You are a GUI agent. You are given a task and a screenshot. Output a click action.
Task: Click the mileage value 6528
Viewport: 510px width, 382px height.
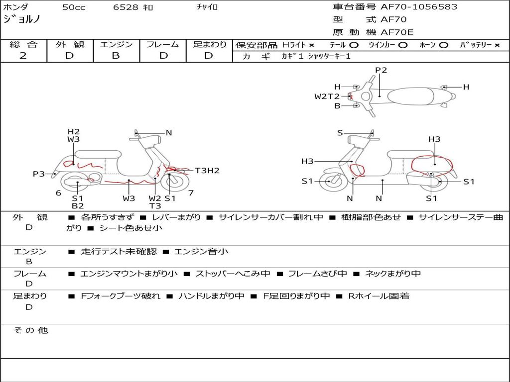pos(127,7)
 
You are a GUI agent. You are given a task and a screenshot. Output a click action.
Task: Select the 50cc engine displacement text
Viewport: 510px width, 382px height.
pos(73,7)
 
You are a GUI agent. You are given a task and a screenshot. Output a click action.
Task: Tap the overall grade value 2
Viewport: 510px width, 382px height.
pos(23,56)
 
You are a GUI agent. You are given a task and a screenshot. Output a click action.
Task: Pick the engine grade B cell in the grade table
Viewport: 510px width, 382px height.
pos(116,56)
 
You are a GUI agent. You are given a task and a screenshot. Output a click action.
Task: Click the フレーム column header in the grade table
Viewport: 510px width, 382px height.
pos(162,45)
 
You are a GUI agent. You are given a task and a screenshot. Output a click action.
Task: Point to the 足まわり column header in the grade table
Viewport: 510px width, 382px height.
pos(210,45)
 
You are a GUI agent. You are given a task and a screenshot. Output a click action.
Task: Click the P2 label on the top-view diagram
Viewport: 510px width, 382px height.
pos(381,70)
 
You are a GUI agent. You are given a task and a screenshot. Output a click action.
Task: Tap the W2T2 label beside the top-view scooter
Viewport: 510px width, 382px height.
pos(327,96)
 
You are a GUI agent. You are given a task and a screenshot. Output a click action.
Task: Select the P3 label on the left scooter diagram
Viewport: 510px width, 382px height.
pos(39,174)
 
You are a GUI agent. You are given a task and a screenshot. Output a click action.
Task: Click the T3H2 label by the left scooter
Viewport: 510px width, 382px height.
pos(207,171)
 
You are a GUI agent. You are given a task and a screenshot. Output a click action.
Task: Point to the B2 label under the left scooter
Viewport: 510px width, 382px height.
pos(78,206)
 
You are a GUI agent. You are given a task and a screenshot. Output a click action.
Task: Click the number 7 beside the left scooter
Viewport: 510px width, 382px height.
pos(191,193)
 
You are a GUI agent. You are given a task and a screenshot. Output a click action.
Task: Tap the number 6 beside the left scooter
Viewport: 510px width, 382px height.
pos(58,193)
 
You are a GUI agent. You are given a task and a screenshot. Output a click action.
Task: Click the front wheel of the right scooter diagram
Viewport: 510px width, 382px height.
pos(330,182)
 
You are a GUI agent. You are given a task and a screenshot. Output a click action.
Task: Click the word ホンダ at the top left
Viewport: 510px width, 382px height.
pos(16,7)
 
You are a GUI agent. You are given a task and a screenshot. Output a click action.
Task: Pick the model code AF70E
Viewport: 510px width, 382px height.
pos(397,32)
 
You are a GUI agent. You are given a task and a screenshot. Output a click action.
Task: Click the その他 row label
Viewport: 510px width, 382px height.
pos(30,330)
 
